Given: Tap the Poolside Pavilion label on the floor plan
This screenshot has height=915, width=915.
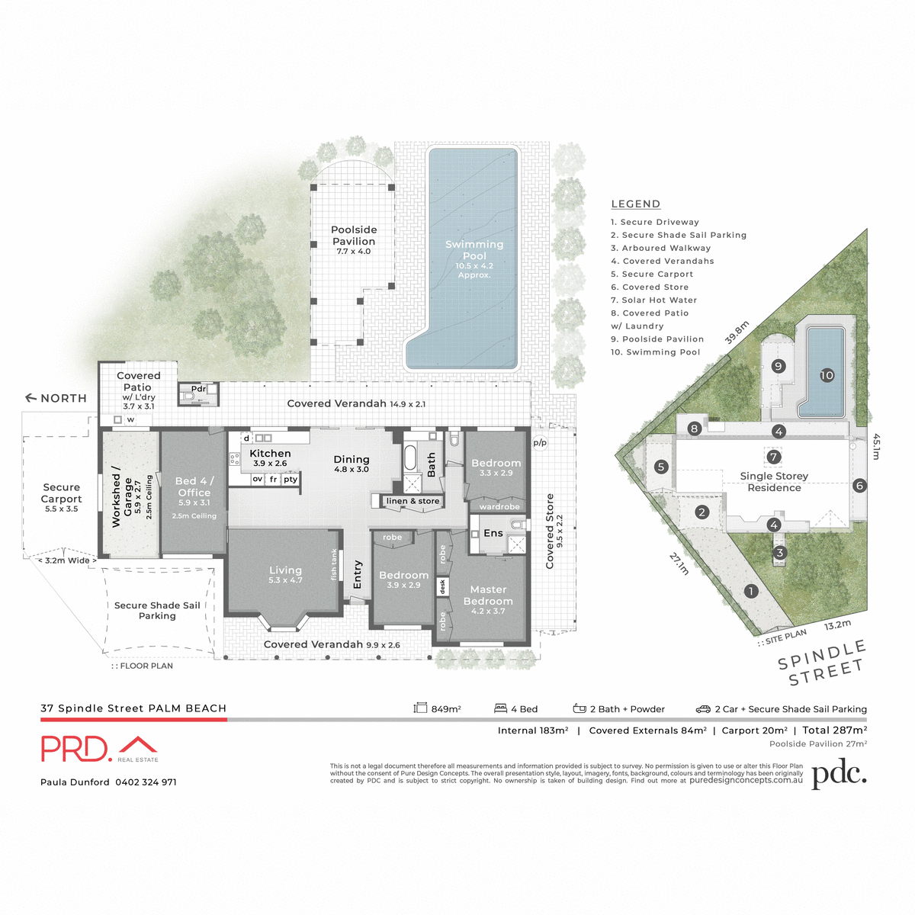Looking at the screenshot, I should [354, 236].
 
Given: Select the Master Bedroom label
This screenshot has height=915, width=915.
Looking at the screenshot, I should [488, 596].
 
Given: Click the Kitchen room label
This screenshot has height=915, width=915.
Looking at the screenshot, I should [270, 454].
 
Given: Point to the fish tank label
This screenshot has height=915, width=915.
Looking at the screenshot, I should [334, 564].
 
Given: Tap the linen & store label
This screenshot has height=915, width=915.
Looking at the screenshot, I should [413, 501].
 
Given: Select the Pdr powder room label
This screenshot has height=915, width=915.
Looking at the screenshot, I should [198, 389].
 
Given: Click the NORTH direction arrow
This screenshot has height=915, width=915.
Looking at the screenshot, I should [31, 398].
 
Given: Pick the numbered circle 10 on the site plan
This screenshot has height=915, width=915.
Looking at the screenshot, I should [827, 375].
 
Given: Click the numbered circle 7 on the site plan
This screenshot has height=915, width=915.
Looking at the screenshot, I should [774, 457].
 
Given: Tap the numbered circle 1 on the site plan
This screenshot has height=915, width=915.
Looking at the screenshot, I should [751, 591].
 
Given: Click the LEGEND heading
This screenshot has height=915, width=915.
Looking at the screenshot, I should [636, 204].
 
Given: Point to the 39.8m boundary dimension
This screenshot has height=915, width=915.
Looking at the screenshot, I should [737, 332].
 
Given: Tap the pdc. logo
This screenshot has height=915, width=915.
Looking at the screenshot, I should [839, 775].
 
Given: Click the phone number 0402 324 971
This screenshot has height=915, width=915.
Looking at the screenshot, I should [146, 782].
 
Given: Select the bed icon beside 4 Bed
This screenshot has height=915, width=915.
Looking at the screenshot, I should [500, 708].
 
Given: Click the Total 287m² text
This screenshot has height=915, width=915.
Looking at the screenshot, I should [834, 730].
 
